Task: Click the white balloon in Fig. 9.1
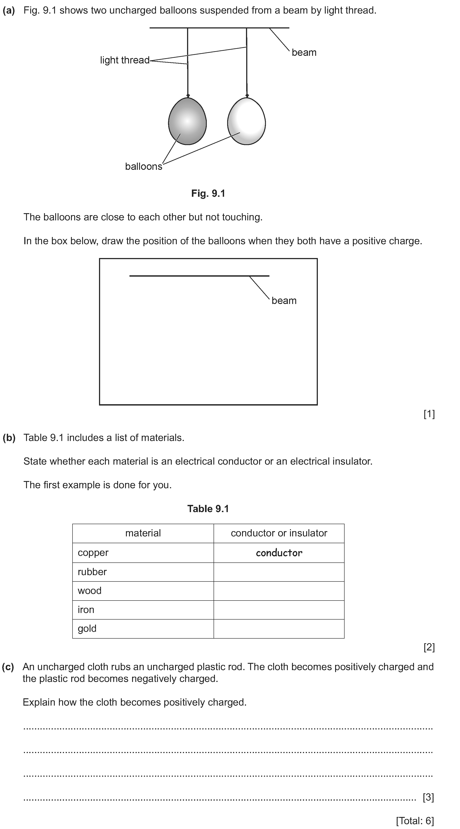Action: point(246,121)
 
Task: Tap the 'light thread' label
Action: point(125,60)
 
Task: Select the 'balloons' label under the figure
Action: point(144,166)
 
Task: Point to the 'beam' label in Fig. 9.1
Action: point(304,53)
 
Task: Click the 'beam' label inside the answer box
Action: point(284,300)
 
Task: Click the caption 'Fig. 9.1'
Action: point(208,193)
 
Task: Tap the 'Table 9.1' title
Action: point(208,509)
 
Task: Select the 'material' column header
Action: point(143,533)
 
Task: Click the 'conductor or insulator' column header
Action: point(279,533)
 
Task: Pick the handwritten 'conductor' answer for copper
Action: point(279,553)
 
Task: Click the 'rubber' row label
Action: point(92,572)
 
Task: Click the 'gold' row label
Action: point(87,629)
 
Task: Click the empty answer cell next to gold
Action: point(279,629)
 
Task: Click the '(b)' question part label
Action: point(9,438)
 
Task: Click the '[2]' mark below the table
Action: point(429,647)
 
